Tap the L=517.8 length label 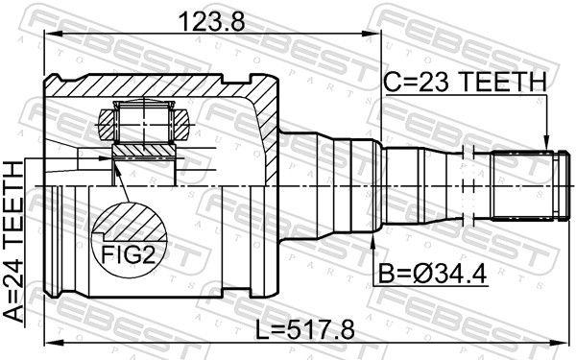coord(306,329)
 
